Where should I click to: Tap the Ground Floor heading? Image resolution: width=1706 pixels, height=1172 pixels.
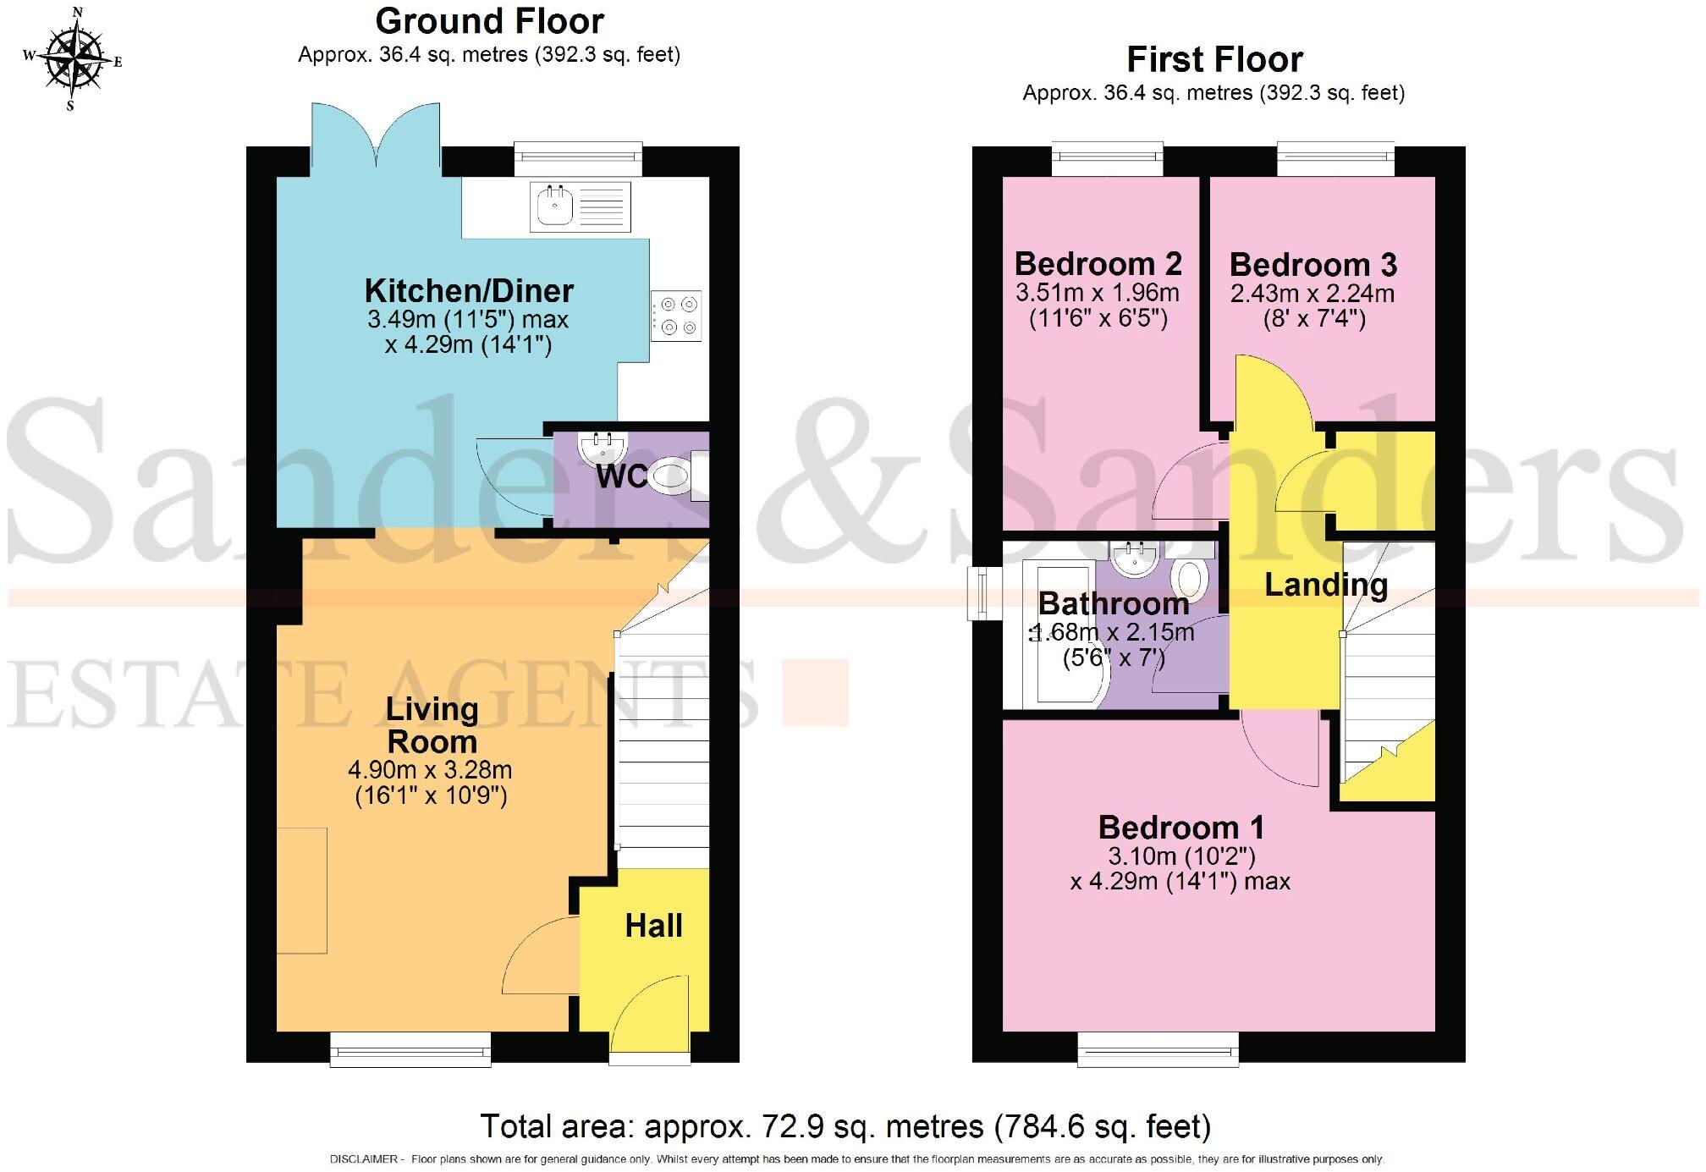pyautogui.click(x=489, y=21)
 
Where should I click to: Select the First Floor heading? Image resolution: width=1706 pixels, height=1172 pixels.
pyautogui.click(x=1214, y=60)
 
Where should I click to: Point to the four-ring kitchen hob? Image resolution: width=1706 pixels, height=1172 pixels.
pyautogui.click(x=676, y=316)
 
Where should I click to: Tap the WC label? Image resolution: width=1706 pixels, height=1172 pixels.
pyautogui.click(x=621, y=476)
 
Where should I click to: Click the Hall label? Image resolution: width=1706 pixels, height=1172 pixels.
pyautogui.click(x=653, y=926)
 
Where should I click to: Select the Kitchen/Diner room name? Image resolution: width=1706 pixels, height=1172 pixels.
pyautogui.click(x=469, y=291)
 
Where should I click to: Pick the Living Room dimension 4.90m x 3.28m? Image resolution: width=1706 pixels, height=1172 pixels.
pyautogui.click(x=430, y=771)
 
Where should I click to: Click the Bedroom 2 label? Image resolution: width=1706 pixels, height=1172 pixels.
pyautogui.click(x=1098, y=264)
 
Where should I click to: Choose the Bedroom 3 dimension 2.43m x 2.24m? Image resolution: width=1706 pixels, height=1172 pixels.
pyautogui.click(x=1312, y=294)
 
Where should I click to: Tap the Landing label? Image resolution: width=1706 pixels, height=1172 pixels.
pyautogui.click(x=1325, y=585)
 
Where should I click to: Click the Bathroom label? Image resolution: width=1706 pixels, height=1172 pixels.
pyautogui.click(x=1113, y=603)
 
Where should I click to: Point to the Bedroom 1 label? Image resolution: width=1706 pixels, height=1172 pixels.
pyautogui.click(x=1180, y=827)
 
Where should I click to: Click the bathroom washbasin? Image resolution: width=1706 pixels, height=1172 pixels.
pyautogui.click(x=1134, y=559)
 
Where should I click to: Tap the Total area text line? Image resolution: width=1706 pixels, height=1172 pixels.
pyautogui.click(x=845, y=1127)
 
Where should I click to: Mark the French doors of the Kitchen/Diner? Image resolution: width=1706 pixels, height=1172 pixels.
pyautogui.click(x=376, y=140)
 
